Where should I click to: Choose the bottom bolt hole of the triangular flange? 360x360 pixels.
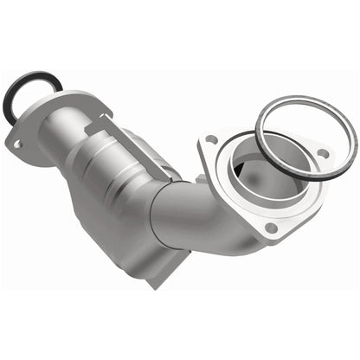(x=271, y=228)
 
